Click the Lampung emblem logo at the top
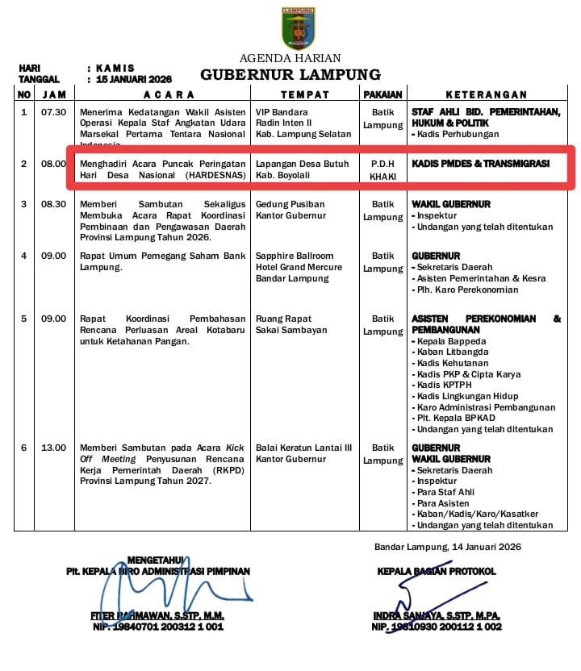(x=298, y=28)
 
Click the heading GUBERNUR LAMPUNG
(x=290, y=75)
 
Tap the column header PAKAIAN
(x=382, y=95)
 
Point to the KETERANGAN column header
(x=486, y=95)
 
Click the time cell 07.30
(x=54, y=112)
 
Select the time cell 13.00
(x=54, y=448)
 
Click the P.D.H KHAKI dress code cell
(x=382, y=169)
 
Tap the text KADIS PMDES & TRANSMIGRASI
(x=480, y=164)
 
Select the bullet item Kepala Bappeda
(x=450, y=341)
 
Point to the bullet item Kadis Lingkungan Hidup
(x=468, y=396)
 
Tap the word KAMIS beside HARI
(x=115, y=69)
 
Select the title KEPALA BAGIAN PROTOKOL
(x=437, y=571)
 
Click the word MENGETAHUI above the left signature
(x=156, y=560)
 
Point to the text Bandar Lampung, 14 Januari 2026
(x=447, y=547)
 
